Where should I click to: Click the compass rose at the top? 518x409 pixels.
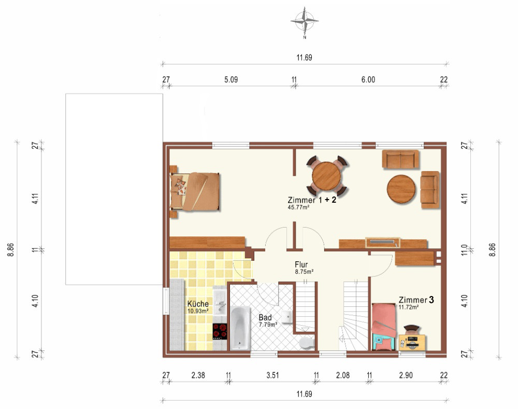(304, 21)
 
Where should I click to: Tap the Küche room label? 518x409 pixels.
(198, 304)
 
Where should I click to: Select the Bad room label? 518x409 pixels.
(265, 317)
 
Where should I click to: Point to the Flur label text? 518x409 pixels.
(301, 264)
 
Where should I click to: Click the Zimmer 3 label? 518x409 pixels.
(416, 300)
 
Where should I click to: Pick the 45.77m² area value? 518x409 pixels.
(299, 208)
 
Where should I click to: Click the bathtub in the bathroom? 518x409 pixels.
(240, 328)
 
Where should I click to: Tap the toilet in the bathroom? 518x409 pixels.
(307, 343)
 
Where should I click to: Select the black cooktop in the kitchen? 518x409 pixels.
(220, 331)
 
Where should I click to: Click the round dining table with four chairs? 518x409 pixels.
(326, 176)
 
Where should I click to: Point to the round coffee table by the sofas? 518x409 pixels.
(401, 189)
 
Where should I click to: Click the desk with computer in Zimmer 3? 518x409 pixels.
(412, 342)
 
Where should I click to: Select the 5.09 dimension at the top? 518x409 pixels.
(231, 80)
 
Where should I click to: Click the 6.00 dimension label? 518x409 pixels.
(368, 80)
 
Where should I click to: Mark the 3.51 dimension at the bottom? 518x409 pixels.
(272, 375)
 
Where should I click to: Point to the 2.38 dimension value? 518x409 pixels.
(198, 375)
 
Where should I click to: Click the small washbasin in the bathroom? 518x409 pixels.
(287, 316)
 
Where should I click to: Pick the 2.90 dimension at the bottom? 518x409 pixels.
(406, 375)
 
